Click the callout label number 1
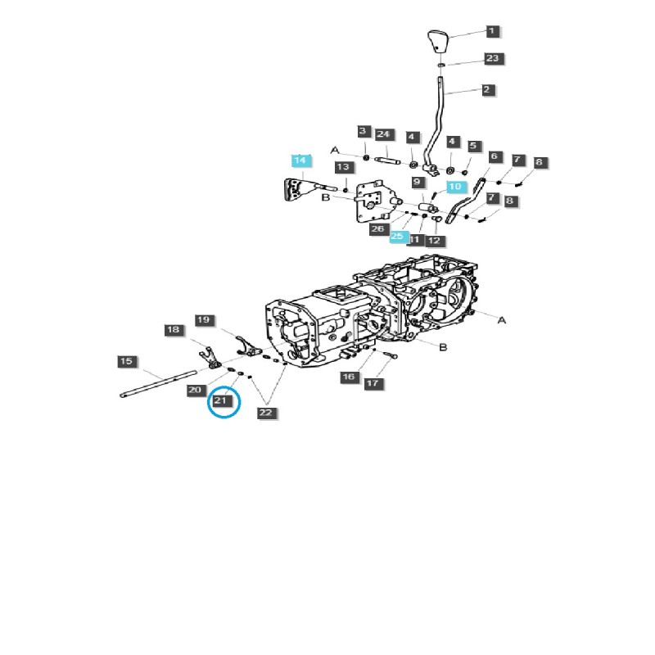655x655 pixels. (491, 31)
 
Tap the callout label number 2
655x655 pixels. (488, 90)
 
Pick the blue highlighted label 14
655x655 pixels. (300, 160)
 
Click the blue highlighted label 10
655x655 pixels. (456, 187)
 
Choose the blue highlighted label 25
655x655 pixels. (398, 236)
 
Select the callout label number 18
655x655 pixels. (172, 330)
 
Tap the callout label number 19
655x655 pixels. (204, 319)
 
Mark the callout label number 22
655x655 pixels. (265, 413)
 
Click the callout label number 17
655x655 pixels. (373, 382)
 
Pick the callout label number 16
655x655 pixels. (349, 376)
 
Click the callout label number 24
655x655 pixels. (385, 134)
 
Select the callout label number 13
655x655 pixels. (343, 167)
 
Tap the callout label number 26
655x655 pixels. (377, 229)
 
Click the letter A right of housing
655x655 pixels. (502, 320)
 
